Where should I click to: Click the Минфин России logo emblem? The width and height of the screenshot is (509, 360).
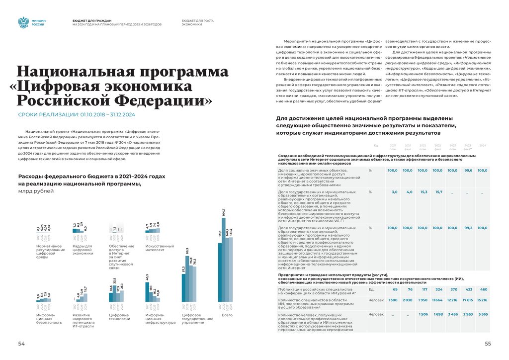23,22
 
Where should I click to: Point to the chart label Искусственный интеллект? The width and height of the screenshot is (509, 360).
159,248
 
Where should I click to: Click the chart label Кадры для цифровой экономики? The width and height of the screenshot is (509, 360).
83,250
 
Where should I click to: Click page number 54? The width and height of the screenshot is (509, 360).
21,344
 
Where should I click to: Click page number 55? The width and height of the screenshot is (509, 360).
488,344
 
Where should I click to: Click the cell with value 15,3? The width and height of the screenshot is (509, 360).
424,191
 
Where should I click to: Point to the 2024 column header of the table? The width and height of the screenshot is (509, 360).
482,145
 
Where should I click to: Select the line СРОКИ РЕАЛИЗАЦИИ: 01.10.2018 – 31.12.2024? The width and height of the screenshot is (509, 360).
77,115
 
